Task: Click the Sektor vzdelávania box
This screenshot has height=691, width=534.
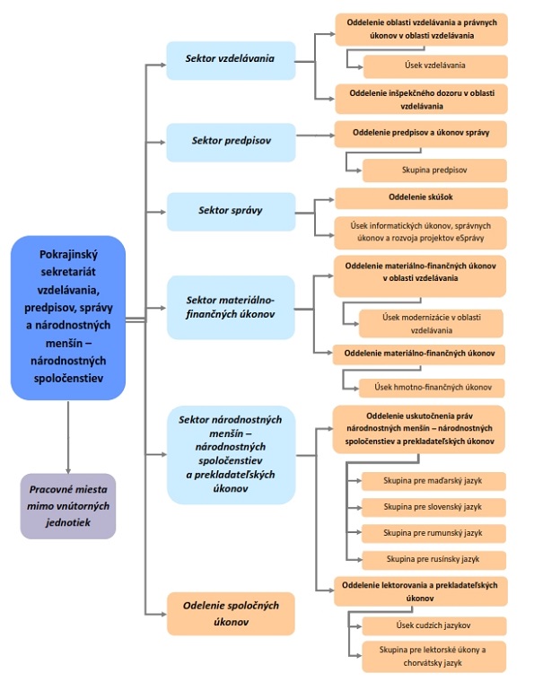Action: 231,60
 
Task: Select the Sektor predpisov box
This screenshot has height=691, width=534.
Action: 231,143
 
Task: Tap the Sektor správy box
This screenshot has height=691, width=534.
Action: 231,212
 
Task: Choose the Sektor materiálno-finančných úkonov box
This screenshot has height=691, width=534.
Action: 231,307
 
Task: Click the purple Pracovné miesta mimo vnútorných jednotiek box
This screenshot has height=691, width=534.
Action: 68,506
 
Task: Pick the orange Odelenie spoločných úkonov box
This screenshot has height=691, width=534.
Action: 231,614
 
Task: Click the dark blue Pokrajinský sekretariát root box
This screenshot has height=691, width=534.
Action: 68,318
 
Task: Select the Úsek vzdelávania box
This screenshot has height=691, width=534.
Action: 435,66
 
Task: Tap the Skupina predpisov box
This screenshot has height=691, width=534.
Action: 434,171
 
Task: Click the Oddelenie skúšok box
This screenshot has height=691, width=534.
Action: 421,198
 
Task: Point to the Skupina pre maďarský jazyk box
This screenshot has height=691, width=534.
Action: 433,481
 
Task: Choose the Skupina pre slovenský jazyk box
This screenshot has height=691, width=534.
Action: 433,507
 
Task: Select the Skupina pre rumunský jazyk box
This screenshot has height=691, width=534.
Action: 433,533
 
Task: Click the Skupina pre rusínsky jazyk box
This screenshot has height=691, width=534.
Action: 433,560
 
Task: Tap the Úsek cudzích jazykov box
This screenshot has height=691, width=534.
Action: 434,625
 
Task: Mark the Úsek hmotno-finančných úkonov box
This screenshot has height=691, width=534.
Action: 432,388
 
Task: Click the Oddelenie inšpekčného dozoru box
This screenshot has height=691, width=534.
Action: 421,99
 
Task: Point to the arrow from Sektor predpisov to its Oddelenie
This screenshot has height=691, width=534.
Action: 316,136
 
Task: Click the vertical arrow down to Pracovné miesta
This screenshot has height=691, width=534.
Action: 68,437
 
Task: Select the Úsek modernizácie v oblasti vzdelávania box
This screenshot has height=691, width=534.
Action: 431,323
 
